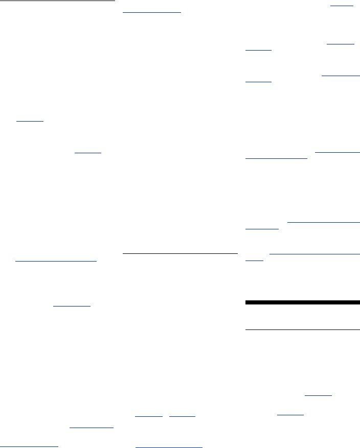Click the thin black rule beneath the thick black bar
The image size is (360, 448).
303,330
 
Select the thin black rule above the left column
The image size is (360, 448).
57,1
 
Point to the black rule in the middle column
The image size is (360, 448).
181,253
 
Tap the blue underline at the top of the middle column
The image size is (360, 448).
152,11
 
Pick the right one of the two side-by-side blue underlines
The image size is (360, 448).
182,416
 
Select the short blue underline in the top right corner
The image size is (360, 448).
342,6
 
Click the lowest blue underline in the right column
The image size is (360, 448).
290,415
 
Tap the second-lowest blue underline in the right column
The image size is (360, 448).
319,395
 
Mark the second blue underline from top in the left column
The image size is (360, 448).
88,152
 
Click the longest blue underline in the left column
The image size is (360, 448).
56,261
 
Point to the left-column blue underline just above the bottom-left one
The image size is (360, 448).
91,428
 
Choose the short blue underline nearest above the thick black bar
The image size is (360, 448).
255,260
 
